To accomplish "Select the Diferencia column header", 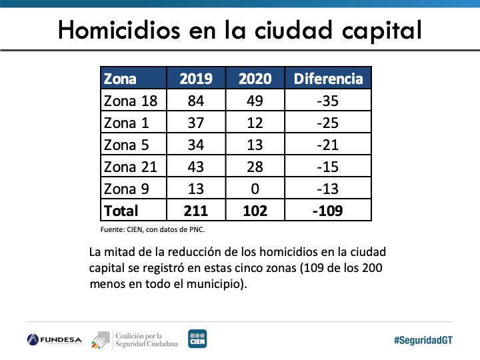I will pos(328,79).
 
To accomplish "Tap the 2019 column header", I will pos(196,79).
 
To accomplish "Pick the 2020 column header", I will pos(255,79).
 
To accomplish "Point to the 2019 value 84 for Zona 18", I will pos(196,101).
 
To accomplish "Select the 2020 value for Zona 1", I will pos(255,123).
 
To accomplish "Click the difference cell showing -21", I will pos(328,145).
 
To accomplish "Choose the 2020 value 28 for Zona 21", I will pos(255,167).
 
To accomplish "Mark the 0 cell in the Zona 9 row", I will pos(255,189).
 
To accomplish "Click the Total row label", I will pos(121,211).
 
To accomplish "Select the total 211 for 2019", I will pos(196,211).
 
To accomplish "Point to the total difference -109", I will pos(328,211).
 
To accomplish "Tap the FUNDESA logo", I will pos(55,339).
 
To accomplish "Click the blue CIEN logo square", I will pos(197,339).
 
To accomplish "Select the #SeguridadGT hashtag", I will pos(423,339).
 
